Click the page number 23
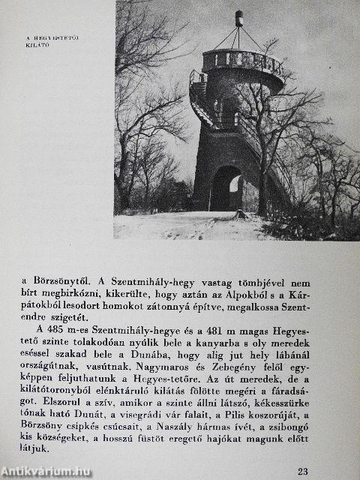(x=302, y=471)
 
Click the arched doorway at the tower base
(x=226, y=190)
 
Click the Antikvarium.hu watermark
(x=46, y=471)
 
